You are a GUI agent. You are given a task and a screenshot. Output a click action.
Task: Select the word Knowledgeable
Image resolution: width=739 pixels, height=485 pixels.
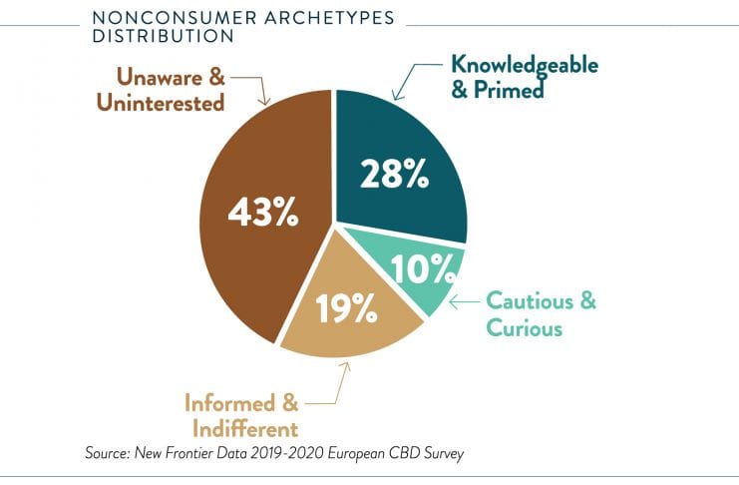point(525,64)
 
